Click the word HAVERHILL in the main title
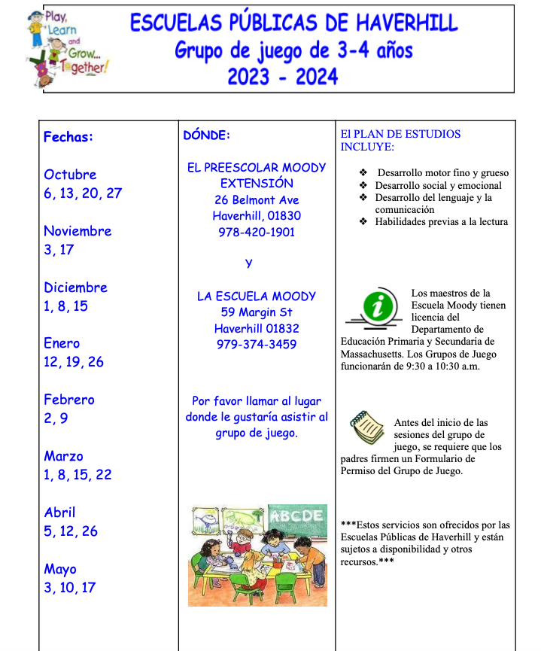(404, 23)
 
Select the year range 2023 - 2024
(282, 77)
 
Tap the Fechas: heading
(68, 137)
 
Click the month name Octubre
(70, 175)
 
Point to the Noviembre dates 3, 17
(59, 249)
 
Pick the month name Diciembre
(75, 287)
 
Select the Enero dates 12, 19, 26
(74, 362)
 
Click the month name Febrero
(69, 400)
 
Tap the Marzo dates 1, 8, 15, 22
(78, 475)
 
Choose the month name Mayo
(60, 569)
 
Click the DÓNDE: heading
(206, 135)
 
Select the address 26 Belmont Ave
(257, 200)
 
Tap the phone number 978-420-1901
(257, 233)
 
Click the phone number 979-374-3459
(257, 345)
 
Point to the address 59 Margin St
(257, 312)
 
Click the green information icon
(382, 307)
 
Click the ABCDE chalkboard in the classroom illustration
(296, 516)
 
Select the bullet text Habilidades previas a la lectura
(442, 222)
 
